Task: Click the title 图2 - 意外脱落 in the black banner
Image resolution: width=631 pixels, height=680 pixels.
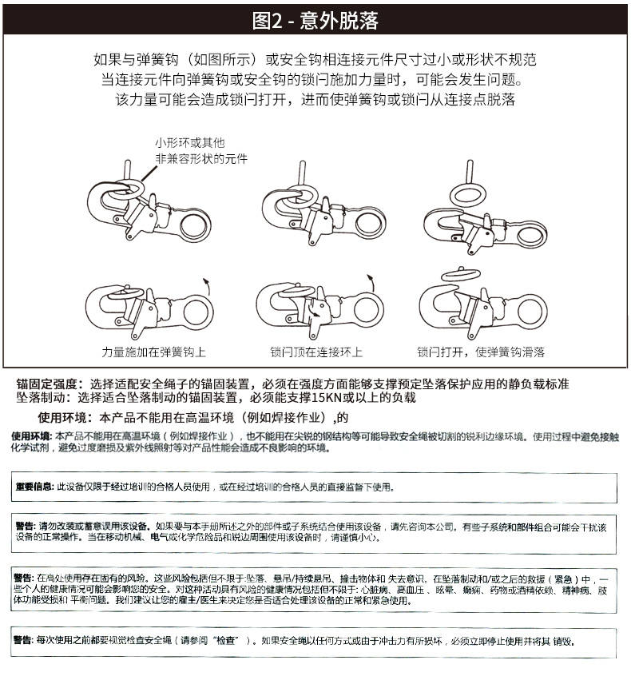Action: pyautogui.click(x=315, y=20)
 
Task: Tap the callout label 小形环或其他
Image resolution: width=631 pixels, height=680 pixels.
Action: pyautogui.click(x=189, y=144)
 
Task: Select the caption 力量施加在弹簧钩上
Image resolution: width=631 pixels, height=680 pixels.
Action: pyautogui.click(x=154, y=352)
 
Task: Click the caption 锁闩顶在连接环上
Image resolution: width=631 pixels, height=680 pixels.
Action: pyautogui.click(x=316, y=352)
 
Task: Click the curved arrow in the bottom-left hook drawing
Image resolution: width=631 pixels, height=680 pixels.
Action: pyautogui.click(x=206, y=284)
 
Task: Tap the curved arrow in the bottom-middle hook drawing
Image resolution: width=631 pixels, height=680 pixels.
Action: pyautogui.click(x=371, y=280)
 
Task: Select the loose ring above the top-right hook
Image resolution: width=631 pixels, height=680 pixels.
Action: pyautogui.click(x=471, y=193)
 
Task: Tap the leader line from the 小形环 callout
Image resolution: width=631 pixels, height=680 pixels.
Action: pyautogui.click(x=146, y=170)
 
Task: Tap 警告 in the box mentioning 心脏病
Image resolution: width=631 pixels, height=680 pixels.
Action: pyautogui.click(x=24, y=577)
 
